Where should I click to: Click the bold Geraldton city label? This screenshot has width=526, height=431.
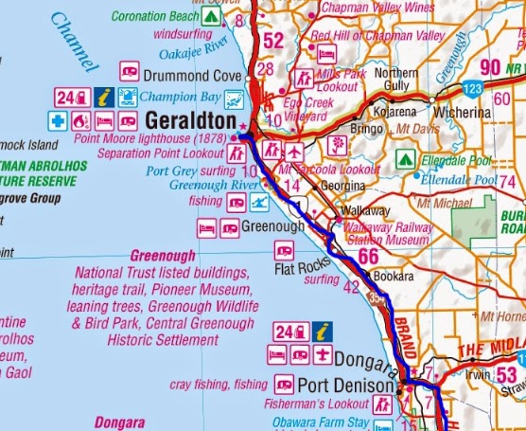click(194, 120)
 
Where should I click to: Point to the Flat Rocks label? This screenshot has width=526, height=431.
click(297, 266)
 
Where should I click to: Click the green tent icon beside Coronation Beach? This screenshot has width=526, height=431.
click(211, 17)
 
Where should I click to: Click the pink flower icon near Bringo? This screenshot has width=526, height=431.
click(335, 145)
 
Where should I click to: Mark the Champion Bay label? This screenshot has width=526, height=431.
click(190, 97)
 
